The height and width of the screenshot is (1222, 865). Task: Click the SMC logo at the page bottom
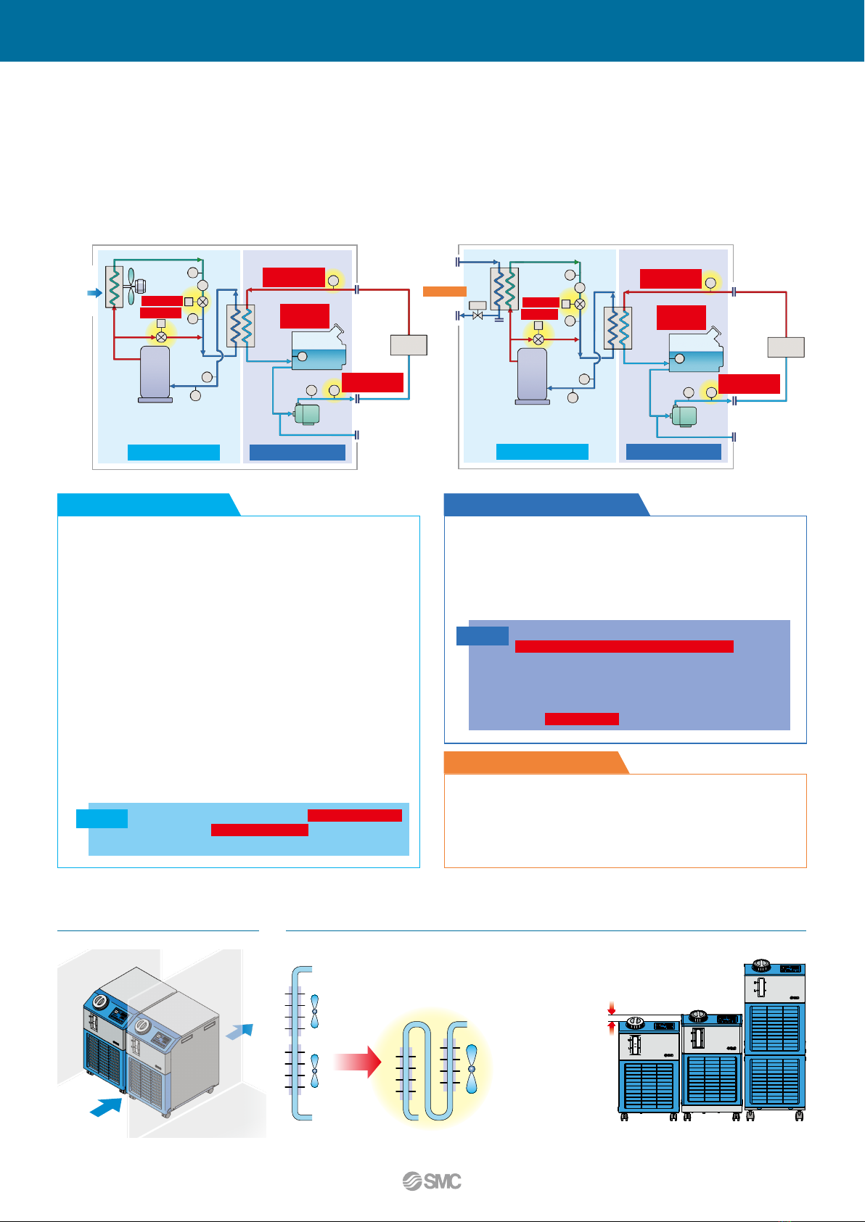(x=432, y=1181)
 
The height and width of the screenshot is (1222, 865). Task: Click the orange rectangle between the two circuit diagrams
(x=444, y=292)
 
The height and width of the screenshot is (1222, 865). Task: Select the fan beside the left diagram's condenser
(x=131, y=286)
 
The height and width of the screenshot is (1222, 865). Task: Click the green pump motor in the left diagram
(x=306, y=413)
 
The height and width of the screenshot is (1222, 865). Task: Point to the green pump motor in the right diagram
(x=684, y=416)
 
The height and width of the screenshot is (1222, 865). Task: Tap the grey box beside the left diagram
(x=409, y=344)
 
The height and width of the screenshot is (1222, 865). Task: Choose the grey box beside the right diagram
(x=786, y=347)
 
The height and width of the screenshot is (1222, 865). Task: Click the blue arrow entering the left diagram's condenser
(x=94, y=293)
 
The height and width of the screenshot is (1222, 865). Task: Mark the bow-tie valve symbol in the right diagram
(x=477, y=316)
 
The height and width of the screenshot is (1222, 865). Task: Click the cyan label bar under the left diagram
(x=173, y=453)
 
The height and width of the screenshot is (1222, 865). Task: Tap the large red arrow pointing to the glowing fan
(x=358, y=1062)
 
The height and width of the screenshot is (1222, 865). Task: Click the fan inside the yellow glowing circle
(x=472, y=1069)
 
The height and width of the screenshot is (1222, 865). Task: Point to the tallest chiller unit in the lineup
(x=775, y=1041)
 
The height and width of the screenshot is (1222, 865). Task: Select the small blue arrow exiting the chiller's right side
(x=240, y=1031)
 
